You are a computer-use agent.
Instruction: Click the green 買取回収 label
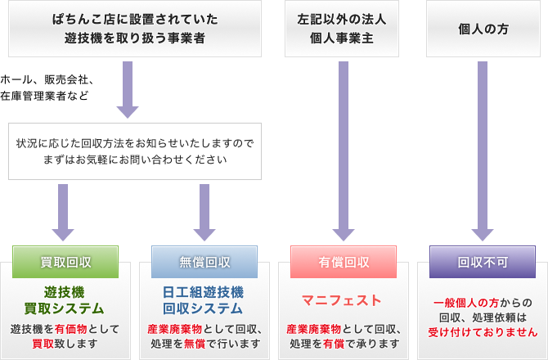click(x=65, y=263)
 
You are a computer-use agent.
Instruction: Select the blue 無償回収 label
click(x=204, y=263)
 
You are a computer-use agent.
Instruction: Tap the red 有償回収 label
click(x=344, y=263)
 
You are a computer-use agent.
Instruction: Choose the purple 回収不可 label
click(x=483, y=263)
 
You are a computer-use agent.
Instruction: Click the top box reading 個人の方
click(x=483, y=29)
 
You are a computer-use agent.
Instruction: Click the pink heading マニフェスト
click(x=343, y=300)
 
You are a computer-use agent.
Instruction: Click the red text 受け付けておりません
click(x=483, y=333)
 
